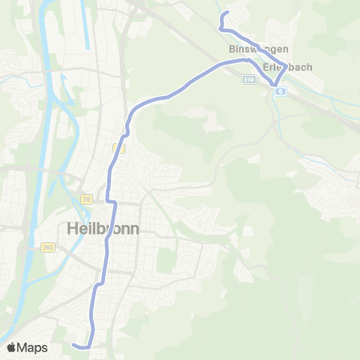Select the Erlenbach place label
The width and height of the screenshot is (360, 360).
287,66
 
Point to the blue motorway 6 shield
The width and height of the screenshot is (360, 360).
279,91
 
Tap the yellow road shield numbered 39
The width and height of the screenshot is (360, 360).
85,199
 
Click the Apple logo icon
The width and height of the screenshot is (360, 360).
12,347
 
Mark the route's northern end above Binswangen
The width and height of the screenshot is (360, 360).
226,13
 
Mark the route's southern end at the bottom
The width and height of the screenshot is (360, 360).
75,344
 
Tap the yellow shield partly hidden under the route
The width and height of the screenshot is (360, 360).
117,148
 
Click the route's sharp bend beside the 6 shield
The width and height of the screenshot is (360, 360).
274,83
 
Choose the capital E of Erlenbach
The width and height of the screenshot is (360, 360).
266,66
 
